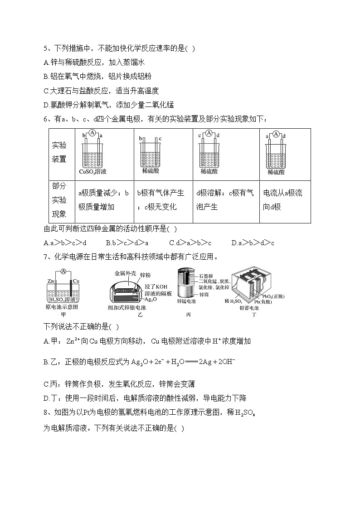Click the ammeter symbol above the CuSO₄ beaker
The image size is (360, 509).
click(x=92, y=133)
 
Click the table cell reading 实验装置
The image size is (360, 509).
click(x=59, y=152)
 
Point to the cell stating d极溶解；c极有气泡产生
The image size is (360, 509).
click(x=224, y=200)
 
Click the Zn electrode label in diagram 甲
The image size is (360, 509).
click(x=51, y=281)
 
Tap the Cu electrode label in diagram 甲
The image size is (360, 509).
click(x=76, y=281)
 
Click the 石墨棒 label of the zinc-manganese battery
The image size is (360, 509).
click(x=207, y=275)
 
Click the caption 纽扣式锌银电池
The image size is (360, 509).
click(x=127, y=307)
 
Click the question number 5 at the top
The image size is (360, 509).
click(x=45, y=48)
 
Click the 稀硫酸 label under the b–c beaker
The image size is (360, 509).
click(x=151, y=171)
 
